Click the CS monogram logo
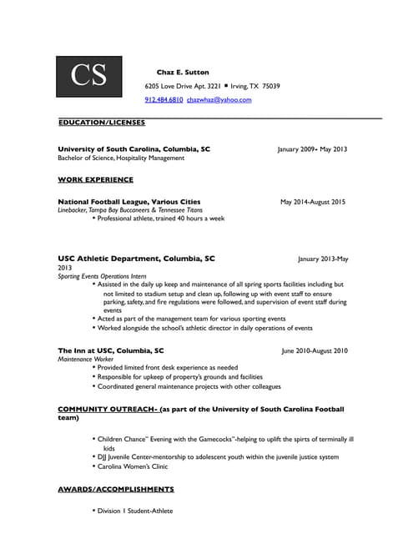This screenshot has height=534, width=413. pyautogui.click(x=89, y=75)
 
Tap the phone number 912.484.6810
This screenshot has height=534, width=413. pyautogui.click(x=164, y=100)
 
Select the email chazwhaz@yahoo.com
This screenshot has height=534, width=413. pyautogui.click(x=219, y=100)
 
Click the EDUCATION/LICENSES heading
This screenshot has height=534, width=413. pyautogui.click(x=101, y=123)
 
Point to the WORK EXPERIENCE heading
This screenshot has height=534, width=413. pyautogui.click(x=95, y=179)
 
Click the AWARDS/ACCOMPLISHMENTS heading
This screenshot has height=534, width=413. pyautogui.click(x=116, y=489)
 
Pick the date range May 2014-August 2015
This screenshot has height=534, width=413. pyautogui.click(x=313, y=202)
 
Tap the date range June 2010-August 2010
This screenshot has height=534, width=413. pyautogui.click(x=315, y=351)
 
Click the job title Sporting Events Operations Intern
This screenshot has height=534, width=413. pyautogui.click(x=102, y=276)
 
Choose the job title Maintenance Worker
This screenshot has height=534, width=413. pyautogui.click(x=85, y=360)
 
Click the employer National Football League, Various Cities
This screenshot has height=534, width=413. pyautogui.click(x=129, y=202)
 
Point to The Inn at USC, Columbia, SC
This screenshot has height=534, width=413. pyautogui.click(x=111, y=351)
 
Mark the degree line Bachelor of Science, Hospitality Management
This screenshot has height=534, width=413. pyautogui.click(x=121, y=158)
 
